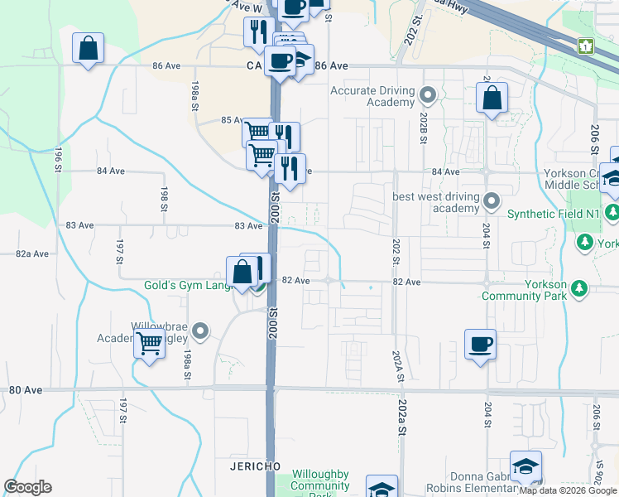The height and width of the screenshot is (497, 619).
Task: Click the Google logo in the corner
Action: pos(28,487)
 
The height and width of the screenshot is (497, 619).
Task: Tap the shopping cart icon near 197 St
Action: pos(149,342)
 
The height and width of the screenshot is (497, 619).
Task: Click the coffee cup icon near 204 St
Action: pos(479,344)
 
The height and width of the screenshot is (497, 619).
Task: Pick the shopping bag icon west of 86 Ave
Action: pos(89,49)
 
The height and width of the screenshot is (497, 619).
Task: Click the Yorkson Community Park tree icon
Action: pos(580,287)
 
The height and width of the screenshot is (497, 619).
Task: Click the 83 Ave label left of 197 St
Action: pos(79,225)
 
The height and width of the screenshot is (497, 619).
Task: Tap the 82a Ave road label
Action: pos(32,254)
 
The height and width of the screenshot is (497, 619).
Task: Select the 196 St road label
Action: pos(59,155)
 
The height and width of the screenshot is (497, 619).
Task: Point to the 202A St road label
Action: pos(398,365)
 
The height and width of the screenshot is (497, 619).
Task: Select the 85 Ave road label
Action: pos(231,120)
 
